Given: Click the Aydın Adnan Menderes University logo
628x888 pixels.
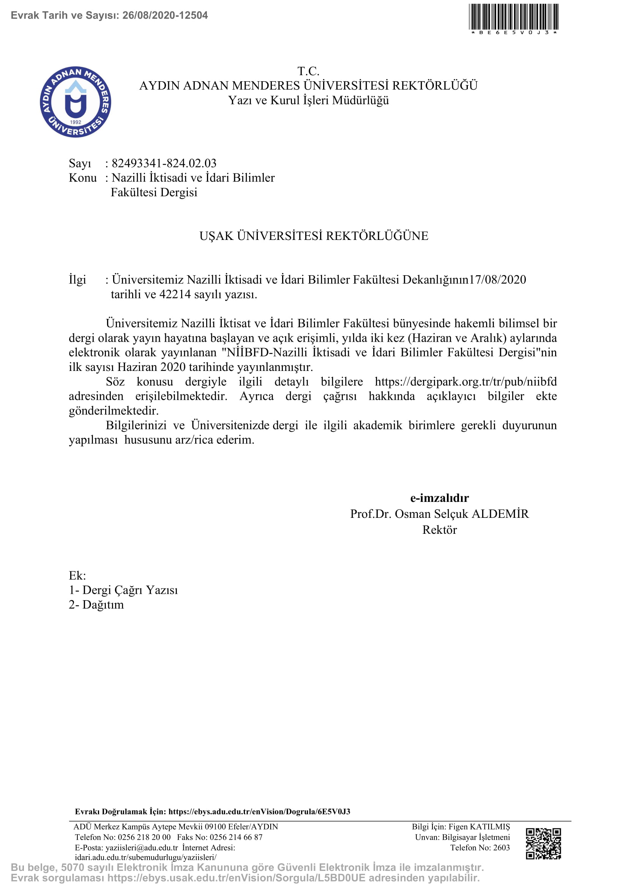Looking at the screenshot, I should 76,102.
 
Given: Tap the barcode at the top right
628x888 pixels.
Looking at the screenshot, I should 514,17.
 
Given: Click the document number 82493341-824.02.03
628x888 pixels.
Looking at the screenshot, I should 164,163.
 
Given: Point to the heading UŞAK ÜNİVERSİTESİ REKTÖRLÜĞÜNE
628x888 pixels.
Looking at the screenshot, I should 314,236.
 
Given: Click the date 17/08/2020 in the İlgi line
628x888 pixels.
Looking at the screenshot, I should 498,280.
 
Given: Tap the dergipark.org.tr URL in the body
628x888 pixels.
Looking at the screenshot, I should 465,382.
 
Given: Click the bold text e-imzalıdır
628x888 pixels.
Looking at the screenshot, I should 439,498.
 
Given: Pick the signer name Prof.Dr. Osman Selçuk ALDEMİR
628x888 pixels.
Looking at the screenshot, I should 439,514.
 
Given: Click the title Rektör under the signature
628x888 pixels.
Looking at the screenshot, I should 439,530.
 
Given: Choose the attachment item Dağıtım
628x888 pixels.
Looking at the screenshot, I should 103,604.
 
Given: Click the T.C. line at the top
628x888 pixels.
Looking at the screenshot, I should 308,71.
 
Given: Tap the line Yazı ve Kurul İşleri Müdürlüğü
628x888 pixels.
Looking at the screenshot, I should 308,100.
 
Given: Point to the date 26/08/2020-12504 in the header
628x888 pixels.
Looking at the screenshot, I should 165,16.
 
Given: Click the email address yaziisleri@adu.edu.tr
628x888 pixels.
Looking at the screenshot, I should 142,847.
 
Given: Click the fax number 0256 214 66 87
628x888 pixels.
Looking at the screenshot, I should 236,837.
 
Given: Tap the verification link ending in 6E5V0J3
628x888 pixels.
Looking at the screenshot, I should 259,811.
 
